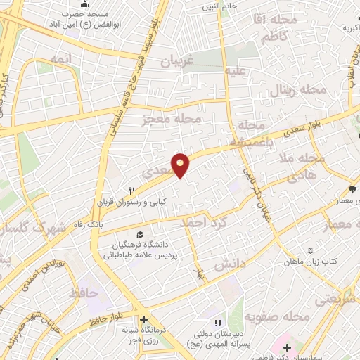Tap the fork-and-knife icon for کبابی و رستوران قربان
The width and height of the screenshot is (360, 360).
pos(131,191)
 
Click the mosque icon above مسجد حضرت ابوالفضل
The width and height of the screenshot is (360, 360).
pos(85,4)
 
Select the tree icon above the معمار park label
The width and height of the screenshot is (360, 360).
pos(352,188)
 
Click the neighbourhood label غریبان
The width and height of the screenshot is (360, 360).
pos(178,60)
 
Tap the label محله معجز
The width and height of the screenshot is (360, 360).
pos(172,120)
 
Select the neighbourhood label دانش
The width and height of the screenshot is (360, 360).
pos(229,266)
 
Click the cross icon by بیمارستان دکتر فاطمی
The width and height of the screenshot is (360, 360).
pos(286,347)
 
